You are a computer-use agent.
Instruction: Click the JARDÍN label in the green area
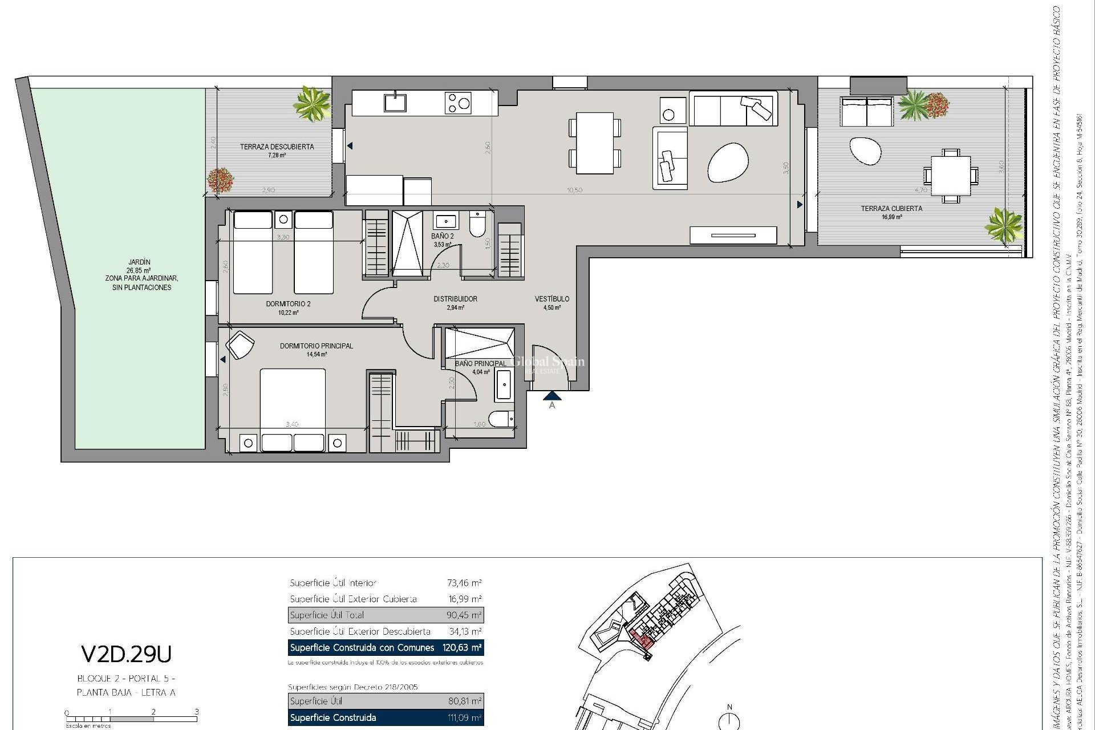click(x=139, y=262)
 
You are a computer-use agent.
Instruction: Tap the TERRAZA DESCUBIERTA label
click(x=277, y=147)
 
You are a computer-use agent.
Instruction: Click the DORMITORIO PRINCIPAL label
click(x=316, y=346)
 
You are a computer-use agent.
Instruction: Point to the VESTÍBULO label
click(x=551, y=299)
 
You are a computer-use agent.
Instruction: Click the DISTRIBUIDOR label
click(x=455, y=299)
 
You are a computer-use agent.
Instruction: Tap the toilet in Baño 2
click(x=477, y=225)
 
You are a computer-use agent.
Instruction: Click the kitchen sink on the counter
click(x=395, y=103)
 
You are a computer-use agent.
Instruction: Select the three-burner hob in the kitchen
click(x=458, y=103)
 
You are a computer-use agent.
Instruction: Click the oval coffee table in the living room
click(x=728, y=162)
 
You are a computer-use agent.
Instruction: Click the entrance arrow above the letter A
click(x=552, y=395)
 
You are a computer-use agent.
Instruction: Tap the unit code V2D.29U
click(x=126, y=655)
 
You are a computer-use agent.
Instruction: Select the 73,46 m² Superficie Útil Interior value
click(x=464, y=583)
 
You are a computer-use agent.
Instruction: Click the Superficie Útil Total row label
click(x=327, y=615)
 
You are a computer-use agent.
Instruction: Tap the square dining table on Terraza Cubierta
click(x=950, y=175)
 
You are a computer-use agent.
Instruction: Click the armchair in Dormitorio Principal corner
click(x=240, y=345)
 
